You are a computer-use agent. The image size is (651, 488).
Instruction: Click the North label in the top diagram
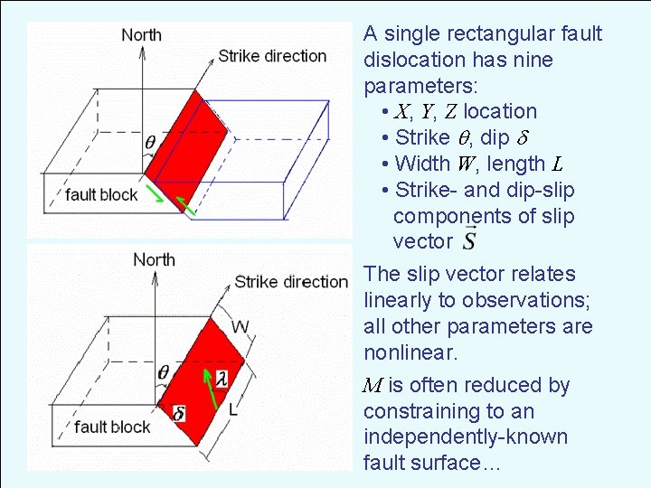click(142, 35)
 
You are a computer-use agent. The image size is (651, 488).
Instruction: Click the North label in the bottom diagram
click(155, 259)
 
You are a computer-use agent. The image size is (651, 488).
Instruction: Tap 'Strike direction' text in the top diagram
click(271, 56)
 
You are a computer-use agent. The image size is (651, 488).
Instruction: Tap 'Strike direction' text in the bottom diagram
click(290, 282)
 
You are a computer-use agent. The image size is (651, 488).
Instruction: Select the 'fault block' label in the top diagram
click(101, 194)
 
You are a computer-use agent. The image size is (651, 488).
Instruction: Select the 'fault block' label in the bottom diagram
click(113, 427)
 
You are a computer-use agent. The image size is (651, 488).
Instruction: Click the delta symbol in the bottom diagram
click(179, 413)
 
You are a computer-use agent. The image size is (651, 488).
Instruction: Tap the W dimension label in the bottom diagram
click(241, 326)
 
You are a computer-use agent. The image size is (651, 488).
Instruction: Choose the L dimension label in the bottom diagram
click(233, 409)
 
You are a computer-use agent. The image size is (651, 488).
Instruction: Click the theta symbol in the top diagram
click(149, 142)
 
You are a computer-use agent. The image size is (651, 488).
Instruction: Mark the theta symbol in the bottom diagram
click(163, 371)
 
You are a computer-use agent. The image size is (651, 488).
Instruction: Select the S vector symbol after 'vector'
click(470, 241)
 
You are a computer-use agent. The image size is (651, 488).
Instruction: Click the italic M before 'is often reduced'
click(371, 386)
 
